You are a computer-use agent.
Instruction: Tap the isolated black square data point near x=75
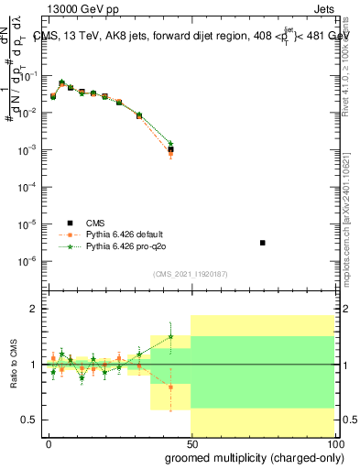pos(263,243)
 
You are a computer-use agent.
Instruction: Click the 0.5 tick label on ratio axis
pos(32,420)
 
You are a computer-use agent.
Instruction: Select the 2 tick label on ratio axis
pos(36,310)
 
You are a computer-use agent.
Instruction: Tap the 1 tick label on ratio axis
pos(36,365)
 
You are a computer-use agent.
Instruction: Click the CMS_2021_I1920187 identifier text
pos(189,273)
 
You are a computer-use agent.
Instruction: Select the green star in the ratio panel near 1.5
pos(170,336)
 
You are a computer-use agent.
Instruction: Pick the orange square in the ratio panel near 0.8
pos(170,387)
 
